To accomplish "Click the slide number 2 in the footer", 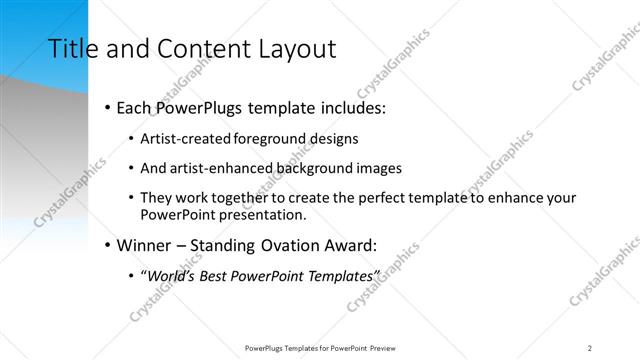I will tap(590, 347).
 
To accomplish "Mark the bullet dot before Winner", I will tap(107, 245).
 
